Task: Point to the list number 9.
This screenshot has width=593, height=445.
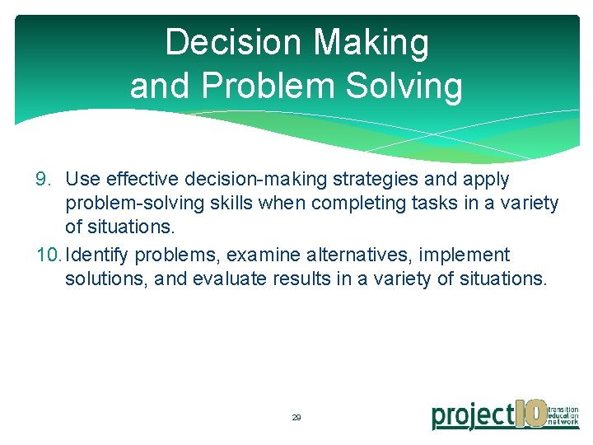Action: point(43,180)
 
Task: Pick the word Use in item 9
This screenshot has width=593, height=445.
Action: point(81,180)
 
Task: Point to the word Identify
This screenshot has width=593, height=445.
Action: point(96,255)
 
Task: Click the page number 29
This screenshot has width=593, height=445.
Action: point(296,418)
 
